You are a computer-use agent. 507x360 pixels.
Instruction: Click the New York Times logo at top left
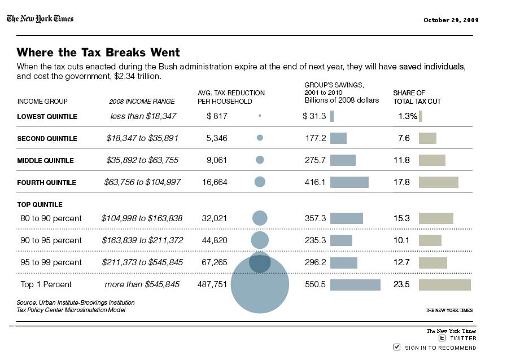(x=40, y=19)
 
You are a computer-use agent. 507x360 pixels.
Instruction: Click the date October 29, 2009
(x=451, y=20)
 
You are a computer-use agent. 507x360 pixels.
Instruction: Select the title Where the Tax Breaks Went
(x=98, y=52)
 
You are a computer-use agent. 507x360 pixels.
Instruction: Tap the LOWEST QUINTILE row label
(x=47, y=117)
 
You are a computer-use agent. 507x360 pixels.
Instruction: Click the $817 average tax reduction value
(x=217, y=116)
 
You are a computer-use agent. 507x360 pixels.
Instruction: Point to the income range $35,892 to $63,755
(x=142, y=160)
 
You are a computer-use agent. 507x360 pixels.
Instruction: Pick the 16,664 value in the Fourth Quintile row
(x=215, y=182)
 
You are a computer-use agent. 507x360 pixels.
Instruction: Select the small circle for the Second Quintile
(x=260, y=138)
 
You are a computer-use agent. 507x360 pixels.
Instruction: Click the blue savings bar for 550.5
(x=355, y=285)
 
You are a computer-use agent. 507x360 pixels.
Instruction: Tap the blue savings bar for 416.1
(x=349, y=182)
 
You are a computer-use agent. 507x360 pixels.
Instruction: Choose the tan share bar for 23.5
(x=444, y=285)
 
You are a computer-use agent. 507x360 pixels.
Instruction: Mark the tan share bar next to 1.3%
(x=421, y=116)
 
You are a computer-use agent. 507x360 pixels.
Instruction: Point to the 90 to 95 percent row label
(x=51, y=240)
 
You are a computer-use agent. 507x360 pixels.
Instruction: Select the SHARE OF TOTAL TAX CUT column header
(x=417, y=97)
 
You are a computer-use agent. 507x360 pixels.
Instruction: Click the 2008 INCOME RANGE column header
(x=142, y=102)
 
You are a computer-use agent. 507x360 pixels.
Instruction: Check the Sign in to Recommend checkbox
(x=397, y=346)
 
